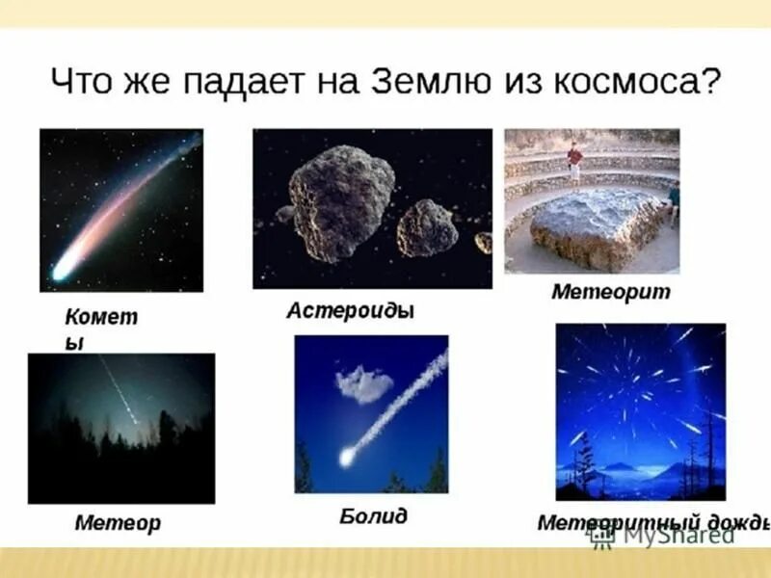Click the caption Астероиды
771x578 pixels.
pos(350,311)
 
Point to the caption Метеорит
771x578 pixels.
pos(610,291)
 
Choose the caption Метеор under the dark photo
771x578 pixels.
pos(118,523)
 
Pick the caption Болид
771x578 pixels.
pos(373,516)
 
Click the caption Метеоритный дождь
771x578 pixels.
pos(653,523)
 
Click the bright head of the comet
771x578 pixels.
pos(64,270)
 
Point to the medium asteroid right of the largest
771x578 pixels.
pos(428,227)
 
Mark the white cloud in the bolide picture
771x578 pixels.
pos(364,383)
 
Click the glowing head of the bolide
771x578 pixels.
pos(347,457)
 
